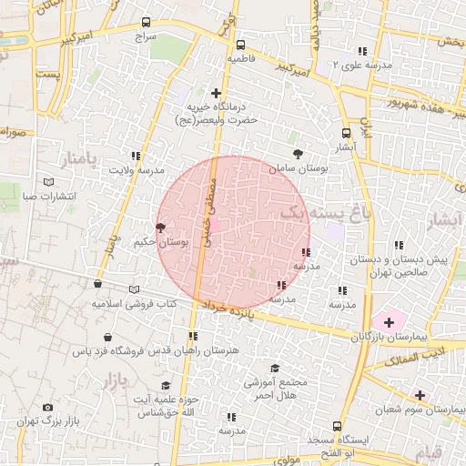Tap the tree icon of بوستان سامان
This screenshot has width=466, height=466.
tap(299, 153)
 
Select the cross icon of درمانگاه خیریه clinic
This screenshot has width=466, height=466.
tap(216, 93)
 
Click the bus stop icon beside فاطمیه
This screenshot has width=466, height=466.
tap(240, 45)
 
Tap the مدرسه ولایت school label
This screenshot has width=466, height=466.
tap(137, 170)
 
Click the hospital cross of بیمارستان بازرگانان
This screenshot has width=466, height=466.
tap(390, 321)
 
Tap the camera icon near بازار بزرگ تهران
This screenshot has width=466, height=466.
tap(48, 408)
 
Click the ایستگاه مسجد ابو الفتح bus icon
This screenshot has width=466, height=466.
tap(338, 426)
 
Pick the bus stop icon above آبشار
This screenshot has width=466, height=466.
tap(346, 133)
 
